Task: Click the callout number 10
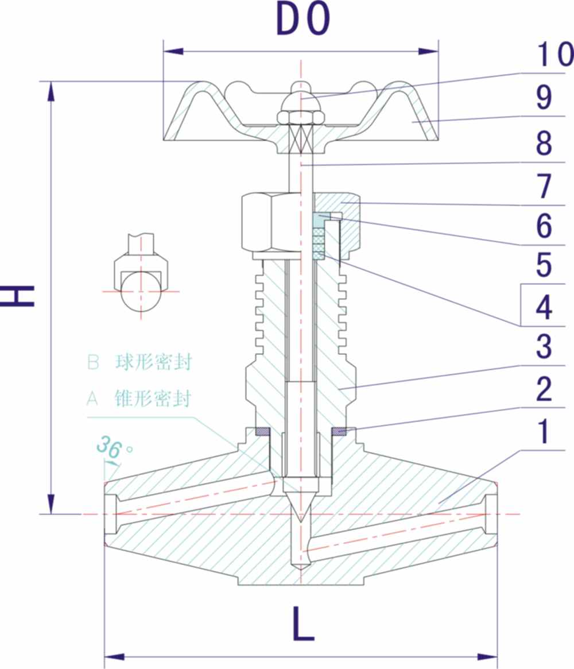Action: [554, 55]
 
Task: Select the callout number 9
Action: [544, 98]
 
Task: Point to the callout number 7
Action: [544, 186]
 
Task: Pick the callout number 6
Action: [544, 226]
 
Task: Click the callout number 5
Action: [544, 266]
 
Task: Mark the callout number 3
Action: [544, 347]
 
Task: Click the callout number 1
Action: [544, 432]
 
